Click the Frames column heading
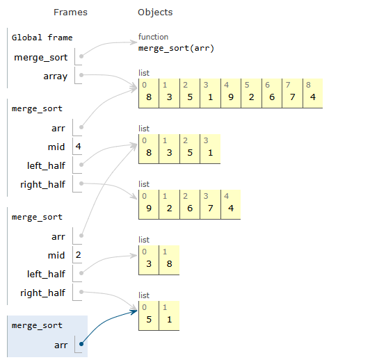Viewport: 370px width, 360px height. [70, 13]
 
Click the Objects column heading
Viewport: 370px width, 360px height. [155, 13]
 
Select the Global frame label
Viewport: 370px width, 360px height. [42, 38]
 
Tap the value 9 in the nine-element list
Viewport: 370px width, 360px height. [230, 97]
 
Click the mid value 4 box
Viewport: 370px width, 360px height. [78, 147]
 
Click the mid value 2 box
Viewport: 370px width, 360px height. [78, 255]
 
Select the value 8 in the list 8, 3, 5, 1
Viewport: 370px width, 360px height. [148, 152]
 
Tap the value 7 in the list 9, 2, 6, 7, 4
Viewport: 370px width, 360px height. [209, 207]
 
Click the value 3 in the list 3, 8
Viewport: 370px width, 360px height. [148, 263]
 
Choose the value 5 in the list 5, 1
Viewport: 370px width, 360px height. [148, 318]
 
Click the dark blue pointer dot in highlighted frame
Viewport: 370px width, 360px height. [82, 343]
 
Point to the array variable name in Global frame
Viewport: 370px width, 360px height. [55, 76]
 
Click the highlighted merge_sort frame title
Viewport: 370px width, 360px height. [37, 325]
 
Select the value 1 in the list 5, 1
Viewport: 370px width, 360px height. [169, 318]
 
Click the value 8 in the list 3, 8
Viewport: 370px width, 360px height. [169, 263]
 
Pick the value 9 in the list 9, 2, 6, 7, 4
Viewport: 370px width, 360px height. [148, 207]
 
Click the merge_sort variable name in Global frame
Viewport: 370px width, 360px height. [41, 57]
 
